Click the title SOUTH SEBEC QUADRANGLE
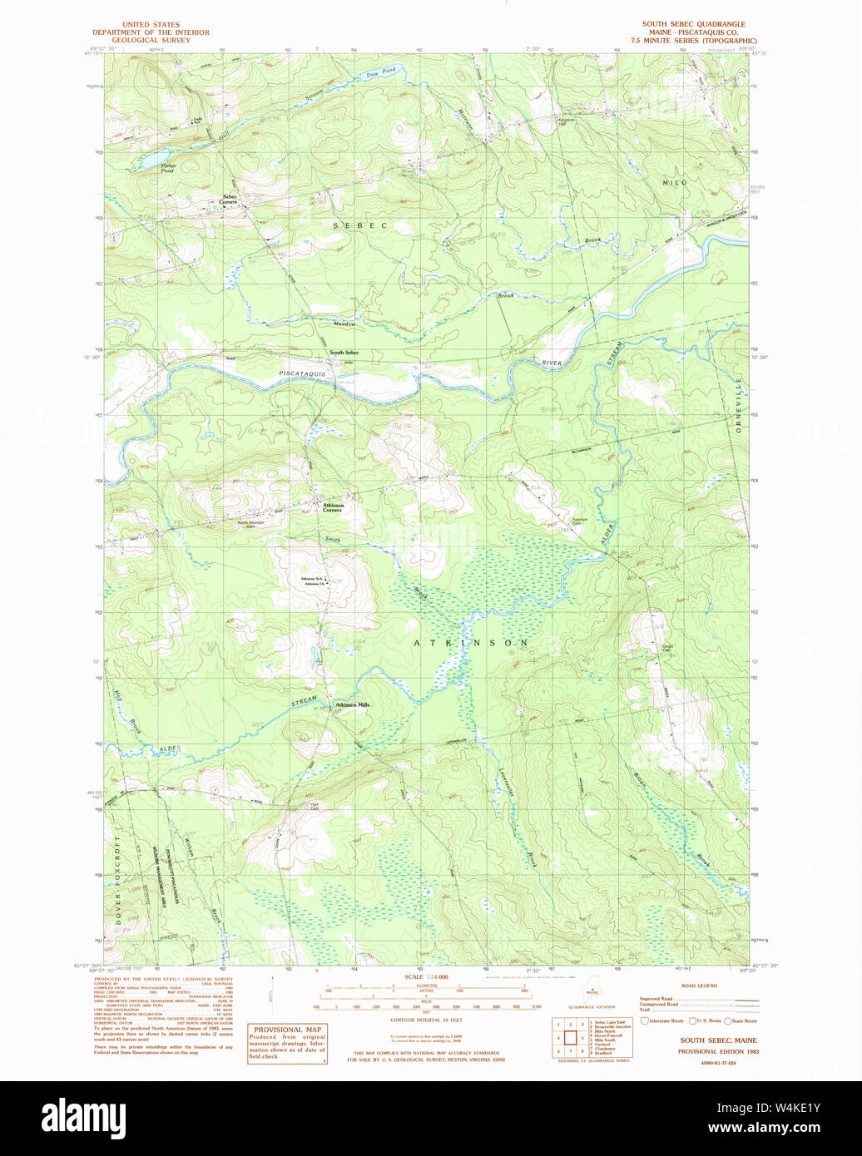[x=693, y=24]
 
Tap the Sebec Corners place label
[x=229, y=200]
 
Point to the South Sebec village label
[x=344, y=353]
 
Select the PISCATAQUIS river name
[x=302, y=374]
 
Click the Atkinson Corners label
[x=333, y=507]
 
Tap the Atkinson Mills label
[x=352, y=704]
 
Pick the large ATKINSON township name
[x=471, y=644]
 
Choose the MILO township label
[x=675, y=182]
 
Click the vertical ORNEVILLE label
[x=737, y=404]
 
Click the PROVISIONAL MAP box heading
[x=287, y=1030]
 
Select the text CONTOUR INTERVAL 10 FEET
[x=426, y=1020]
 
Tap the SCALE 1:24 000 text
[x=426, y=976]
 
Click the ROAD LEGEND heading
[x=699, y=986]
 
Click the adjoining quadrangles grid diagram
[x=570, y=1038]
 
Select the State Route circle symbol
[x=728, y=1020]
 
